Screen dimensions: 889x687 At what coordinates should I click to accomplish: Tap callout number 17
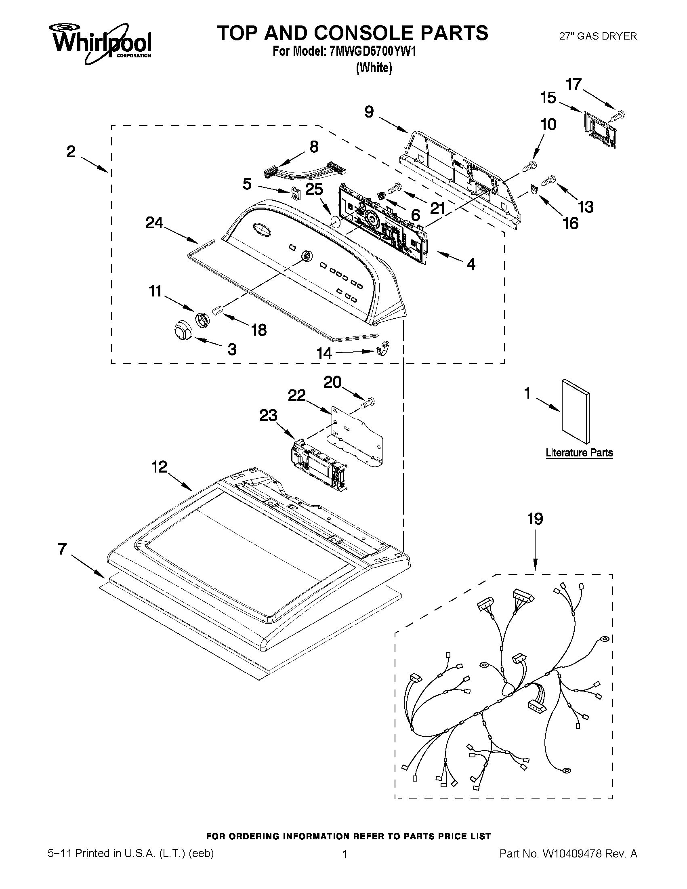coord(574,84)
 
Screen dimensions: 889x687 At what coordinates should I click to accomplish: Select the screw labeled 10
coord(529,165)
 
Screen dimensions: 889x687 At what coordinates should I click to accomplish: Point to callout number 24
coord(154,223)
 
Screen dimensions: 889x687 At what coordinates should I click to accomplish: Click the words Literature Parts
coord(579,453)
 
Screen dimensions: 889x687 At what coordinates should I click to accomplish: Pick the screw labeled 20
coord(369,404)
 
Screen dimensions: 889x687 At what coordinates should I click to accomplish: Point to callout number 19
coord(535,519)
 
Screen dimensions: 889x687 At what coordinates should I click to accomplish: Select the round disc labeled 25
coord(334,223)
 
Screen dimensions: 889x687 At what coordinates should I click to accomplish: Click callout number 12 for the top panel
coord(159,467)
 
